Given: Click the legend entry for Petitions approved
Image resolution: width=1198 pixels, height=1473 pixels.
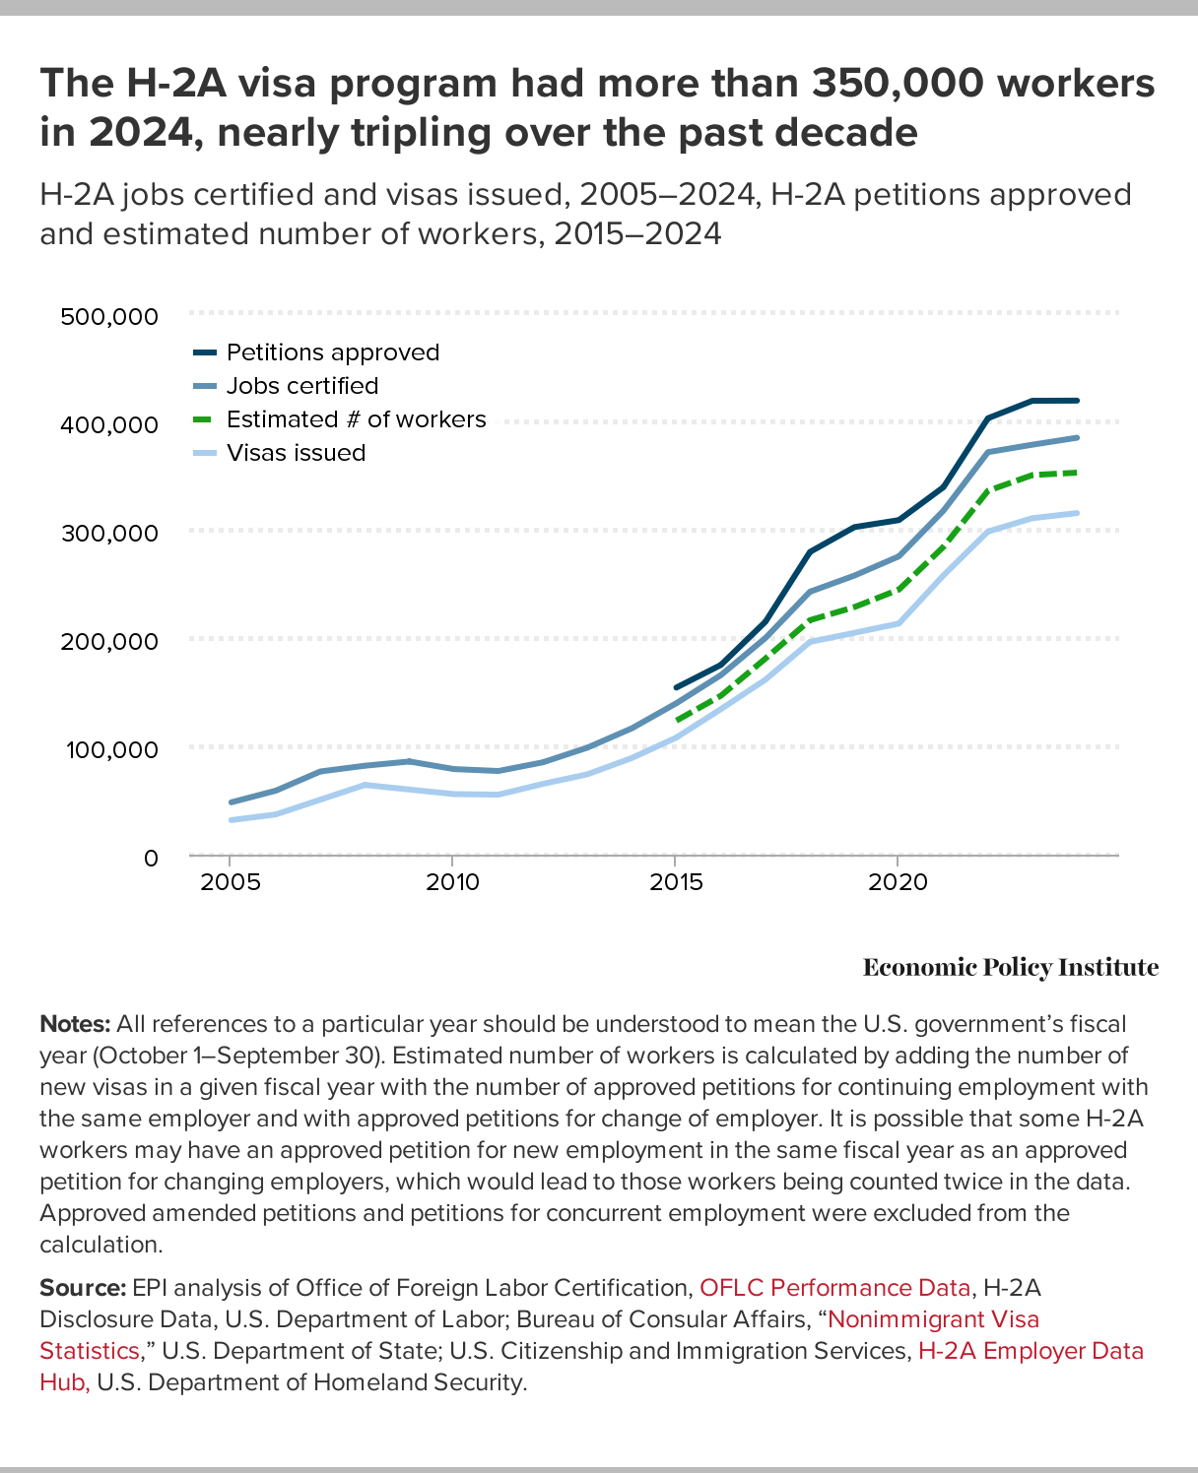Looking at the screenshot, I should coord(332,352).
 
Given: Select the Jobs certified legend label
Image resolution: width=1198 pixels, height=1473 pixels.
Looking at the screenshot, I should coord(301,386).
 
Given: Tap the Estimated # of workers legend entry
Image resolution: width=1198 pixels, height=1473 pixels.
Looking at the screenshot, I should coord(356,419).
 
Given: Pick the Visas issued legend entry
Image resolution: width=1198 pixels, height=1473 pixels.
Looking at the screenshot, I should coord(296,453).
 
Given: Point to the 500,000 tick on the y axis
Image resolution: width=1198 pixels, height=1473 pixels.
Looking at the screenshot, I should coord(108,316).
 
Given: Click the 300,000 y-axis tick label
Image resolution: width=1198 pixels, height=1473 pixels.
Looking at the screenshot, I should coord(108,533).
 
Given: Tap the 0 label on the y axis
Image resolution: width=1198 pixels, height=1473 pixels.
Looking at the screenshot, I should coord(150,858).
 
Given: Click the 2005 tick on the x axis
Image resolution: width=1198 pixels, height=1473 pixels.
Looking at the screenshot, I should coord(231,882).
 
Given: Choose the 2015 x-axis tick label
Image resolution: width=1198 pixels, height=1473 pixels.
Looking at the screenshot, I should coord(676,882).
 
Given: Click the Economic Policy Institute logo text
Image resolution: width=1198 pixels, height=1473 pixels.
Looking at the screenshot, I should coord(1010,968).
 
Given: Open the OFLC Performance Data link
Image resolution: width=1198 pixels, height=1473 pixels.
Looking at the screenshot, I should coord(835,1288).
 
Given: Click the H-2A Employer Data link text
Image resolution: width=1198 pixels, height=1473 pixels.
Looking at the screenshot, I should coord(1031,1351).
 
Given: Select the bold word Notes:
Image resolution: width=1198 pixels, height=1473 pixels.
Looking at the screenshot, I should coord(74,1024).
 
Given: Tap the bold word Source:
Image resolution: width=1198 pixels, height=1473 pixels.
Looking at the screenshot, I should coord(82,1288).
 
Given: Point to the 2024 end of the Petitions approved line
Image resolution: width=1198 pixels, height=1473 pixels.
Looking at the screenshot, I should coord(1078,401).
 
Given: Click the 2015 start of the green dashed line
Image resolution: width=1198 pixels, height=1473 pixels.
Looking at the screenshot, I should coord(677,721).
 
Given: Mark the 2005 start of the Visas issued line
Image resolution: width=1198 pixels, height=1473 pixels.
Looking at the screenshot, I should coord(231,820).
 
